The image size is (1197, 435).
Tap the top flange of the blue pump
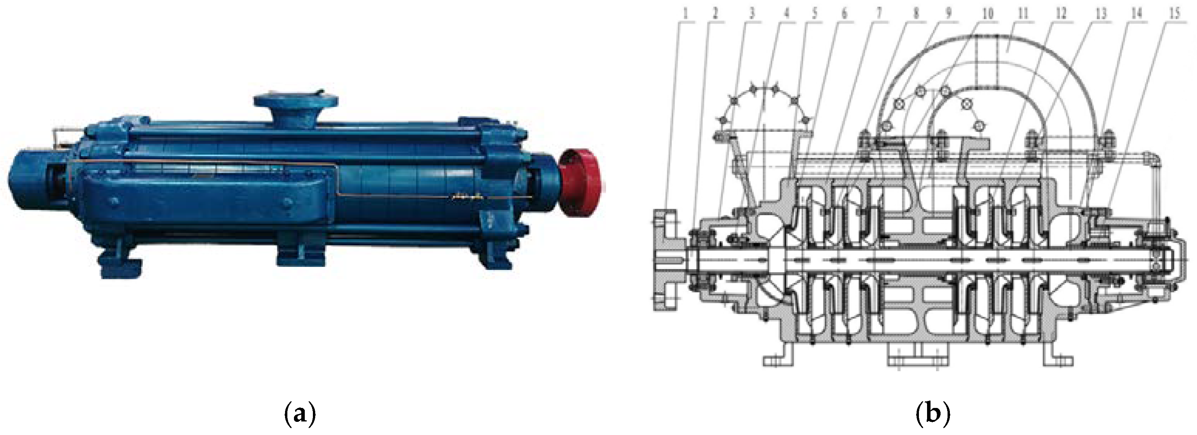pyautogui.click(x=295, y=101)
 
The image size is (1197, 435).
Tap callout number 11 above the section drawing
pyautogui.click(x=1023, y=14)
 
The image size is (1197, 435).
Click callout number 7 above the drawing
pyautogui.click(x=879, y=14)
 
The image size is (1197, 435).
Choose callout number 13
pyautogui.click(x=1101, y=14)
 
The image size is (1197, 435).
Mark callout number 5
pyautogui.click(x=814, y=14)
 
